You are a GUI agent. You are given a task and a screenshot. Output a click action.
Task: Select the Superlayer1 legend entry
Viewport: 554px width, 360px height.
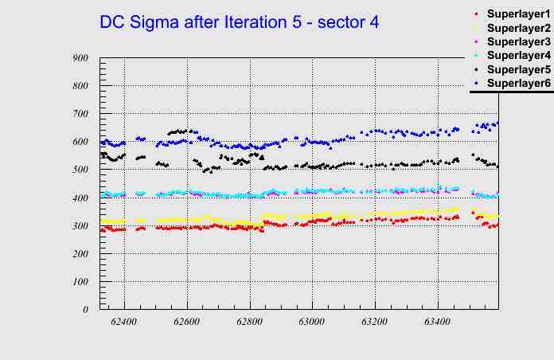(x=518, y=14)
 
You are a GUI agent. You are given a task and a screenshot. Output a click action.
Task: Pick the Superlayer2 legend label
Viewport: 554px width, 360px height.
(x=518, y=28)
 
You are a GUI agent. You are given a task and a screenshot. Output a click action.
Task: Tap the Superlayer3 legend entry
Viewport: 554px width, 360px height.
(x=518, y=41)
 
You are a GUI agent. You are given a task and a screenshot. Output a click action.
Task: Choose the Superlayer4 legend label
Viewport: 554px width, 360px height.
(x=518, y=55)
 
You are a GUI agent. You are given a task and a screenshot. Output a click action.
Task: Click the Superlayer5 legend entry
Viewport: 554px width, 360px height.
(x=518, y=69)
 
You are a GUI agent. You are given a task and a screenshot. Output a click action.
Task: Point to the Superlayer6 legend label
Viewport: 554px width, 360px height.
(x=518, y=83)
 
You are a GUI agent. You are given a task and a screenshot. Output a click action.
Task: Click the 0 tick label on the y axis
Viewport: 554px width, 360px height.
(x=85, y=309)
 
